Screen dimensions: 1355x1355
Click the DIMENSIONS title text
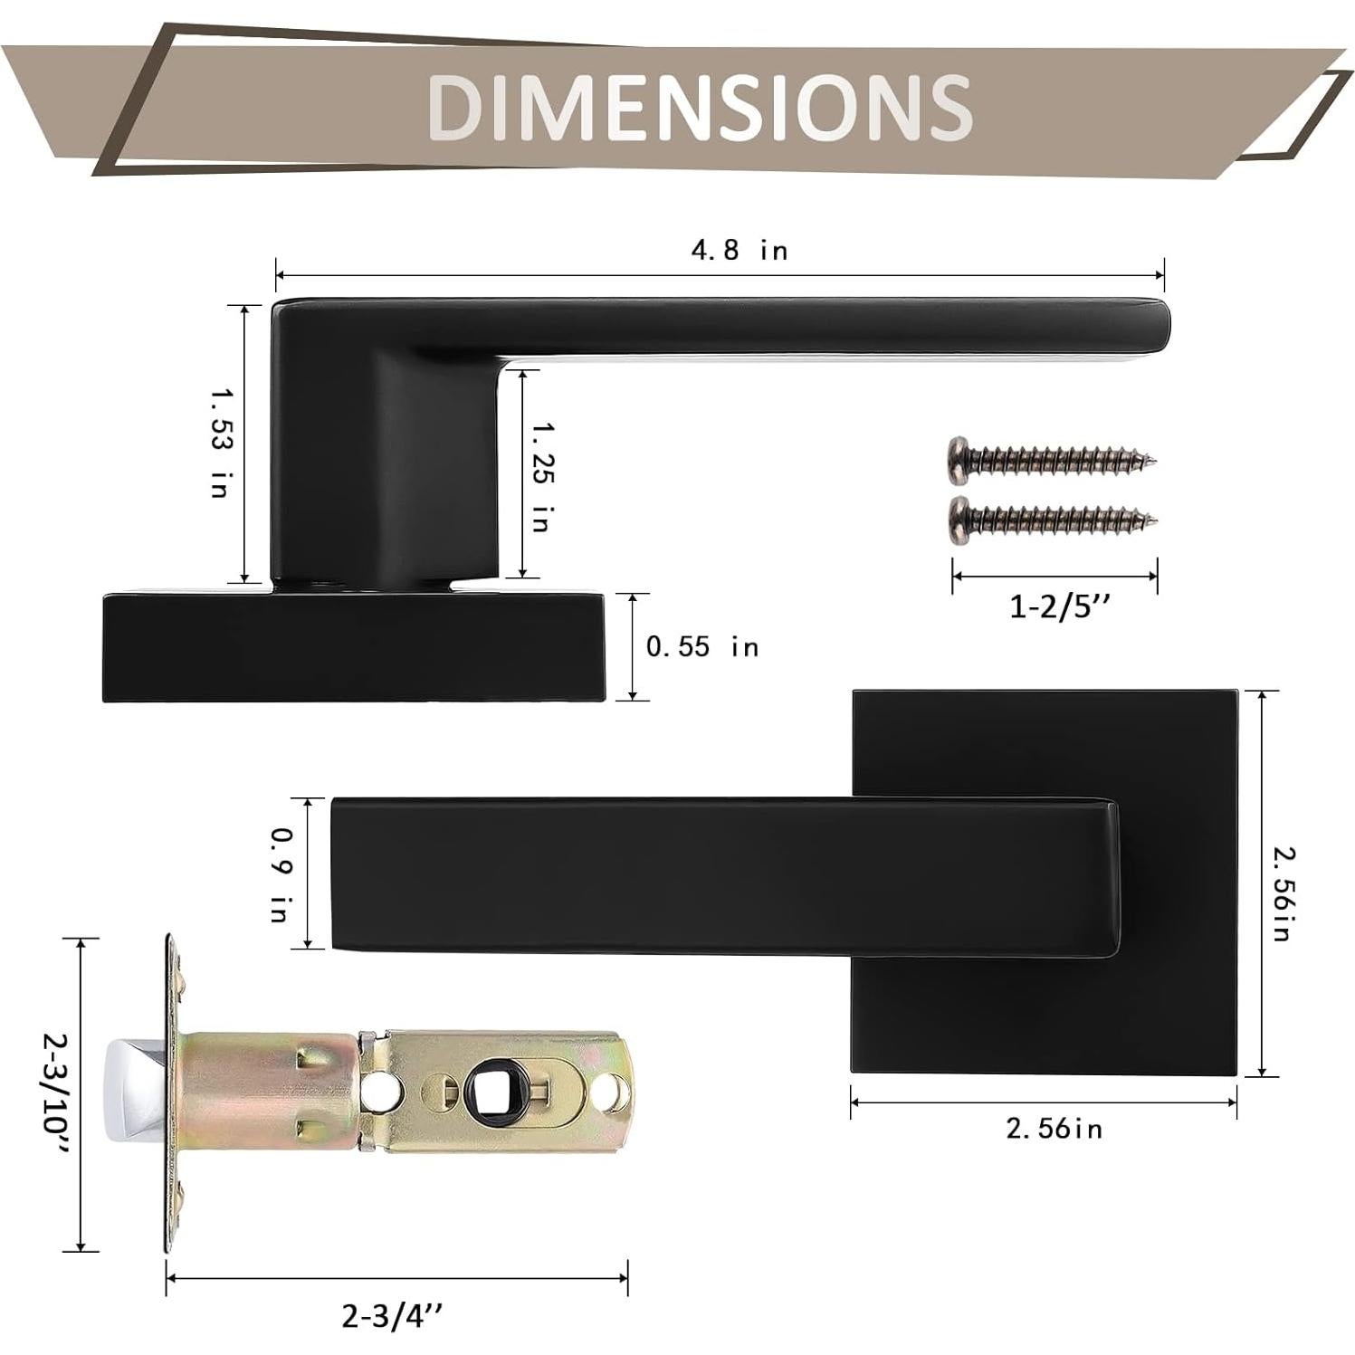[x=699, y=106]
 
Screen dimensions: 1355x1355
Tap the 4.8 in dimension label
[x=740, y=249]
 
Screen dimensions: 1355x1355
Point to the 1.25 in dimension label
[x=542, y=477]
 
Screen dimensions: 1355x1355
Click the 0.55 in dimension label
[x=702, y=646]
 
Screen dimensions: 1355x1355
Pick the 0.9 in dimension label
[x=281, y=873]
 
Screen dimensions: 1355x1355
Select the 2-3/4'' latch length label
[x=394, y=1314]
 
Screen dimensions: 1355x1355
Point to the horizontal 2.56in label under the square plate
[x=1054, y=1128]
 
